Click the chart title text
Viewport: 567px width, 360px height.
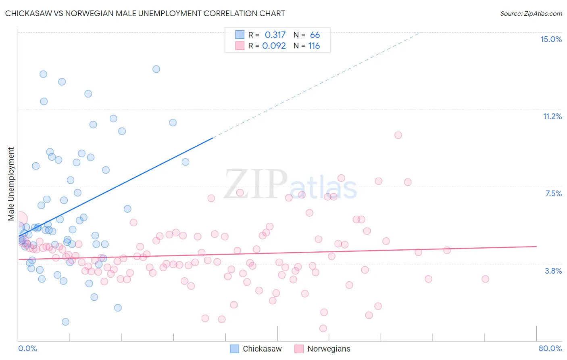(145, 13)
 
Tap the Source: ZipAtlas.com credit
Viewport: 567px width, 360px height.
(531, 13)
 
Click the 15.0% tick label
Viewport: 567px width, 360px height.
(551, 39)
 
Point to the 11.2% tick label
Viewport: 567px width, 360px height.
(552, 116)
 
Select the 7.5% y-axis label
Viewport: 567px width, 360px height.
(553, 193)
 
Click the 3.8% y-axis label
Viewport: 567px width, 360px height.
(553, 271)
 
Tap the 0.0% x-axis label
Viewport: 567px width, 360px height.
(27, 348)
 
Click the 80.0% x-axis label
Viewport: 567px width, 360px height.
(550, 348)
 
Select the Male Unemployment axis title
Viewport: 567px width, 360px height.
(11, 184)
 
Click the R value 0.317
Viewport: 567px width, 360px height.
(275, 35)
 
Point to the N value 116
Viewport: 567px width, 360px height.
(314, 46)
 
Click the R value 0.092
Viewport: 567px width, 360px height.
(274, 46)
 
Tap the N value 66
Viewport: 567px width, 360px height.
(315, 35)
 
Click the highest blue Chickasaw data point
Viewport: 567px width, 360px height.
(156, 69)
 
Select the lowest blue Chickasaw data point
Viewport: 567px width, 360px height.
(65, 322)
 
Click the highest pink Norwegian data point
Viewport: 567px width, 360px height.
(398, 135)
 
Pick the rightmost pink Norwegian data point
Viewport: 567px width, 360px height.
(485, 279)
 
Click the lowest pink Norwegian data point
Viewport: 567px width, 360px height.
(323, 329)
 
